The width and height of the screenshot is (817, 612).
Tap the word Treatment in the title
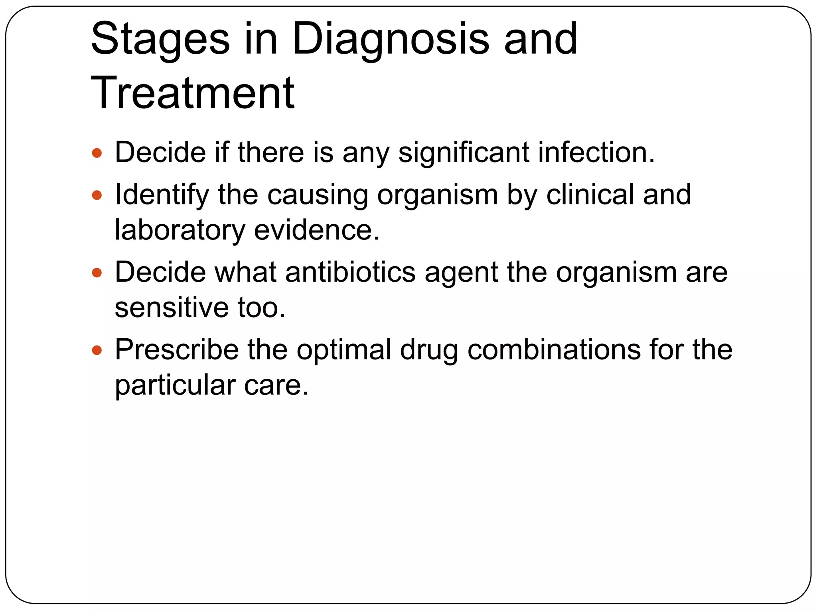193,93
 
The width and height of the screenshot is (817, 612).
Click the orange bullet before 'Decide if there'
97,153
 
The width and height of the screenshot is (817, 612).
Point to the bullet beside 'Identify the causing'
97,195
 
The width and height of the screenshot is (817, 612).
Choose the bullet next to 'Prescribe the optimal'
97,350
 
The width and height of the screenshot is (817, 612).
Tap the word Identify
162,195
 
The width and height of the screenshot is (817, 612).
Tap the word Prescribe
177,350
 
